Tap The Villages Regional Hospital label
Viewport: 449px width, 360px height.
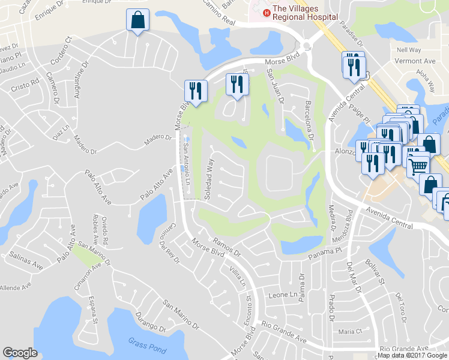pyautogui.click(x=304, y=13)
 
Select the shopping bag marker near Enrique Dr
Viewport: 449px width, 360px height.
pyautogui.click(x=138, y=20)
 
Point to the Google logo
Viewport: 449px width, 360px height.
pyautogui.click(x=20, y=353)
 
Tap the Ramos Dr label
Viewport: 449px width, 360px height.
pyautogui.click(x=226, y=245)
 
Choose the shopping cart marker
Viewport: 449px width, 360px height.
pyautogui.click(x=418, y=163)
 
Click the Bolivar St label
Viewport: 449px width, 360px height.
pyautogui.click(x=375, y=272)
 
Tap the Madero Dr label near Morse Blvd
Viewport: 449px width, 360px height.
pyautogui.click(x=157, y=140)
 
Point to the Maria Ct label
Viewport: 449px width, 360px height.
pyautogui.click(x=351, y=331)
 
